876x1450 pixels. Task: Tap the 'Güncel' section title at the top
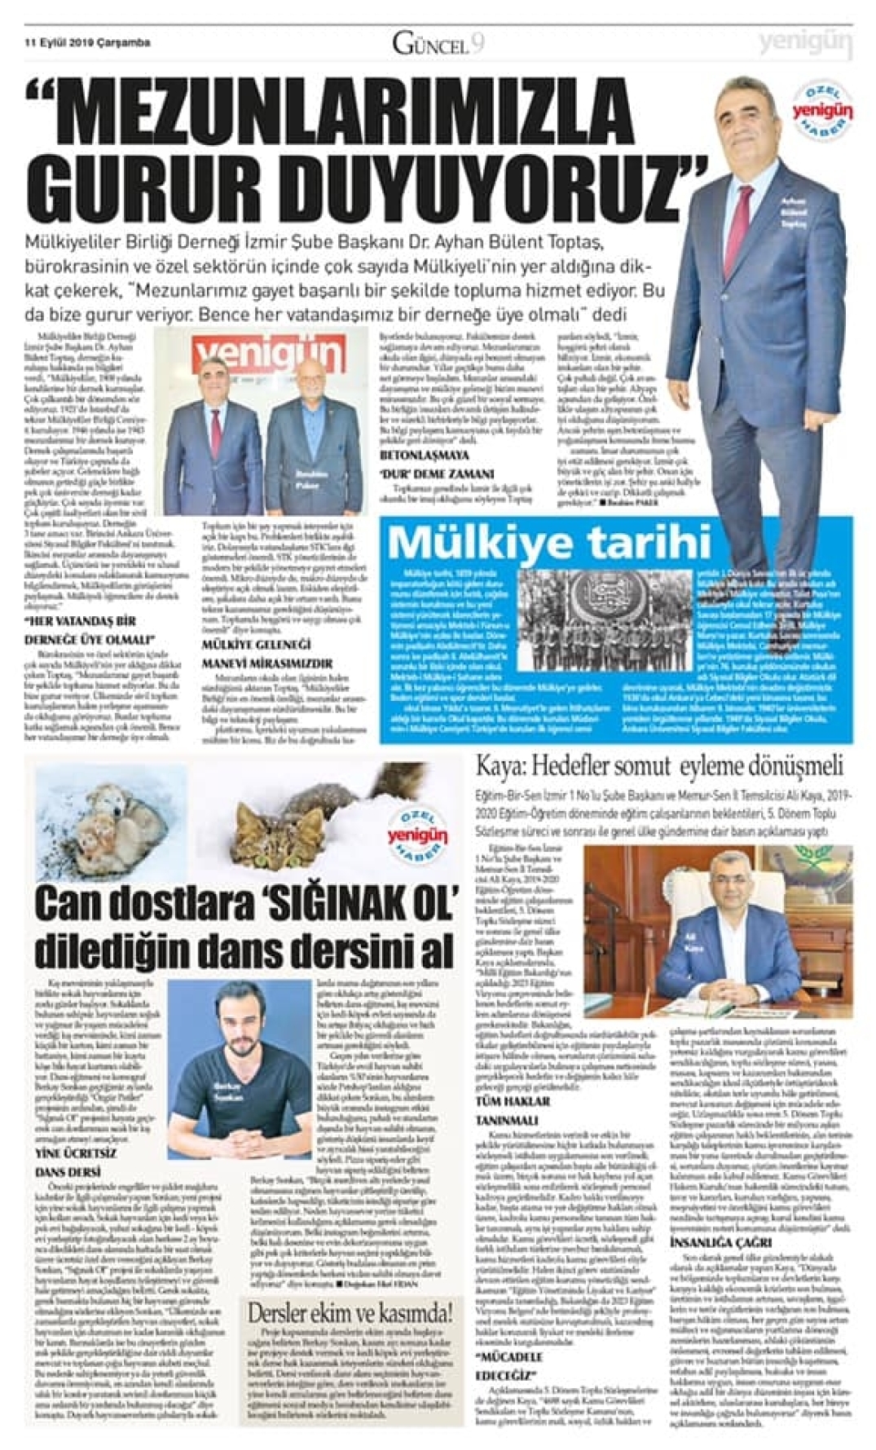(430, 44)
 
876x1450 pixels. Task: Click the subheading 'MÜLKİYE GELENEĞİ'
(256, 645)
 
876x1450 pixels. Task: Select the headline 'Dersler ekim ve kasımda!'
(350, 1312)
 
